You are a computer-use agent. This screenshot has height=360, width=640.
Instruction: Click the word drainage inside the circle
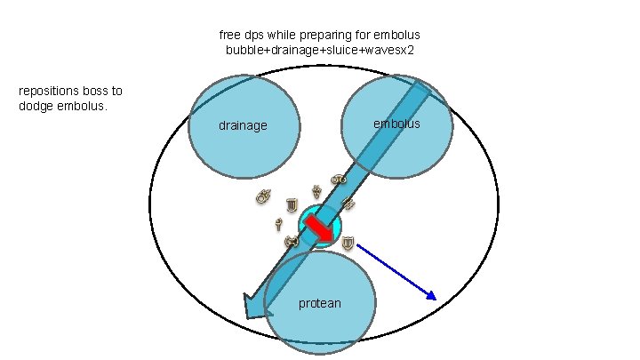tap(243, 125)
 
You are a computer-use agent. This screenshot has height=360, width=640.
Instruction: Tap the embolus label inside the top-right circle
tap(396, 124)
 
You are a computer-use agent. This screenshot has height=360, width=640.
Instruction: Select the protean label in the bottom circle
tap(319, 303)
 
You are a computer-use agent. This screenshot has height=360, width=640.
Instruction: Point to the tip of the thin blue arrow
tap(435, 299)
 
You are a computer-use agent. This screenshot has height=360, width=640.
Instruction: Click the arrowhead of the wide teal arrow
tap(255, 305)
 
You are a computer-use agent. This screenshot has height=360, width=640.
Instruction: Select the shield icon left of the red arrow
tap(291, 208)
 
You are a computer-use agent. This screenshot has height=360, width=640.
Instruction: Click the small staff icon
tap(278, 223)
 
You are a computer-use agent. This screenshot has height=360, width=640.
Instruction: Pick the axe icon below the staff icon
tap(290, 241)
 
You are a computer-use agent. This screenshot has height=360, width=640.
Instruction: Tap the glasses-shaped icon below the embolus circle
tap(338, 180)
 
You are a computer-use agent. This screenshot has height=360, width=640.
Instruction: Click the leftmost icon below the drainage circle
tap(262, 197)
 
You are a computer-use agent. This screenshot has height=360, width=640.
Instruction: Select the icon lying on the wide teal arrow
tap(348, 204)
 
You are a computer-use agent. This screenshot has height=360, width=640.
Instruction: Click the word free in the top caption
tap(228, 35)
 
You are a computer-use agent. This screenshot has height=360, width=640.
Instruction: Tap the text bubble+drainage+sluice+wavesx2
tap(319, 50)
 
